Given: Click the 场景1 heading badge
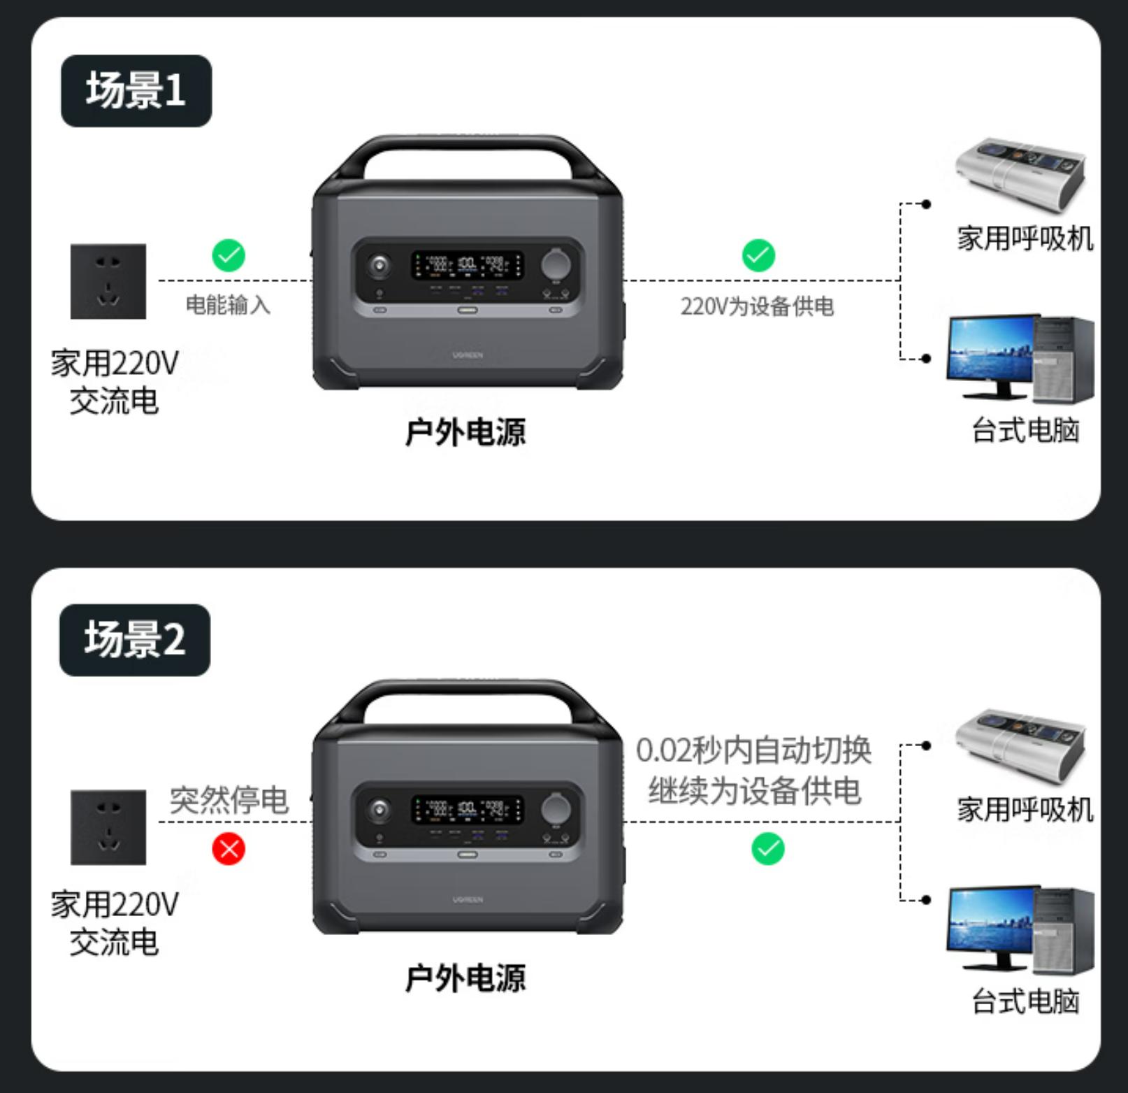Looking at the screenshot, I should tap(136, 91).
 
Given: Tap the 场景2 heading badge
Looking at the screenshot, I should tap(135, 640).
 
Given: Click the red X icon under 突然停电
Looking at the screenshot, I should tap(229, 849).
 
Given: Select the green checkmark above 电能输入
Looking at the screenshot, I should tap(229, 255).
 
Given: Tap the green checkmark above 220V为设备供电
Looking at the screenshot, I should tap(758, 255).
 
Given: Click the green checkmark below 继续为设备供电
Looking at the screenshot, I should tap(768, 849).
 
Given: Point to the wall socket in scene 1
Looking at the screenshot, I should tap(108, 281).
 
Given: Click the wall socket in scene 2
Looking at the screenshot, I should tap(108, 827).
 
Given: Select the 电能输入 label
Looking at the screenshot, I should tap(228, 305).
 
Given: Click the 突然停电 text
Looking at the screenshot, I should tap(229, 799).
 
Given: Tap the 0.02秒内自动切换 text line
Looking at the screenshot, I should tap(753, 750).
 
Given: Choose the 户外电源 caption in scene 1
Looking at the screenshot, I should tap(465, 431).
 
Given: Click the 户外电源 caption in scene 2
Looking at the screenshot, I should tap(465, 977).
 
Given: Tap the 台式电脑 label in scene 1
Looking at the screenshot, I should tap(1025, 430).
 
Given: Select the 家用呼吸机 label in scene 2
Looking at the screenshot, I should tap(1025, 809).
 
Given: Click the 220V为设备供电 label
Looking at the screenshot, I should tap(757, 306).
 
